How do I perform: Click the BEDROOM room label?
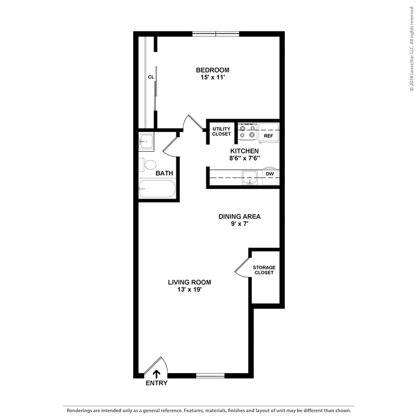click(212, 70)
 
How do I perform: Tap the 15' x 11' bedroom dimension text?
click(213, 77)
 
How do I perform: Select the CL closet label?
click(151, 77)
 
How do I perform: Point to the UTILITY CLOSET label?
click(221, 131)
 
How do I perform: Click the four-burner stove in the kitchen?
click(248, 132)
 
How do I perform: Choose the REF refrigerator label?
click(269, 136)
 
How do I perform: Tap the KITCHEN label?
click(245, 151)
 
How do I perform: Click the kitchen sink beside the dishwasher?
click(250, 178)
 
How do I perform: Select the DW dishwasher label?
click(270, 174)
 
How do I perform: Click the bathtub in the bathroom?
click(157, 189)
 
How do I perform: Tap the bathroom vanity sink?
click(146, 142)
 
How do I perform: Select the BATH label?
click(164, 173)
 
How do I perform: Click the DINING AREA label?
click(239, 216)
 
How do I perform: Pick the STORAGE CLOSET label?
click(264, 270)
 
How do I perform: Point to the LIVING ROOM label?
click(190, 282)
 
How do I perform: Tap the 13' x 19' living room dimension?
click(190, 290)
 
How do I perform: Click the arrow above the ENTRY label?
click(157, 374)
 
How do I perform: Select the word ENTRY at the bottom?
click(157, 383)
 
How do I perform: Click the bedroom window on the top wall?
click(216, 34)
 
